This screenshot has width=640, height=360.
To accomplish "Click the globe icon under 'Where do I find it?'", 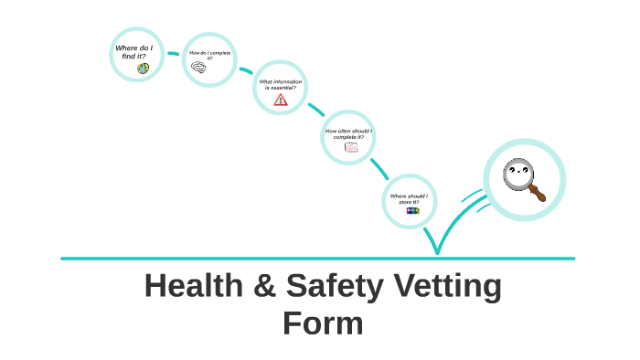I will (x=143, y=69).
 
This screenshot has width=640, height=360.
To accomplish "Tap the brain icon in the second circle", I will (x=198, y=68).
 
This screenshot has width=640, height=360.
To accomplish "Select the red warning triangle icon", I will (x=280, y=100).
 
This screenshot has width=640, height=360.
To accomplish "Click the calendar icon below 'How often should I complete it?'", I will (x=351, y=147).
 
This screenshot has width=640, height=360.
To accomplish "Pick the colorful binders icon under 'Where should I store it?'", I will (x=411, y=209).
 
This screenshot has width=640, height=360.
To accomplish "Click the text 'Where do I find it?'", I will (x=134, y=52).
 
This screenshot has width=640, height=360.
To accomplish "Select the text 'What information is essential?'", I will (x=280, y=84).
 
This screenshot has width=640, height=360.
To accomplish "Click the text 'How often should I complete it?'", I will (x=349, y=133).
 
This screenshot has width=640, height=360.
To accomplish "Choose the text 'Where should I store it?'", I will (x=409, y=198).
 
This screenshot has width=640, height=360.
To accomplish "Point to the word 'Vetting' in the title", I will (x=448, y=287).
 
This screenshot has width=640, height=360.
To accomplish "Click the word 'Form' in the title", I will (x=323, y=323).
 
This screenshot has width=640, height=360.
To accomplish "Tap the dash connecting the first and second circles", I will (x=173, y=55).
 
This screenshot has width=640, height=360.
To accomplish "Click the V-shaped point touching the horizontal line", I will (x=437, y=251).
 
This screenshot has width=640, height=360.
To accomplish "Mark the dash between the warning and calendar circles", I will (x=316, y=110).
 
